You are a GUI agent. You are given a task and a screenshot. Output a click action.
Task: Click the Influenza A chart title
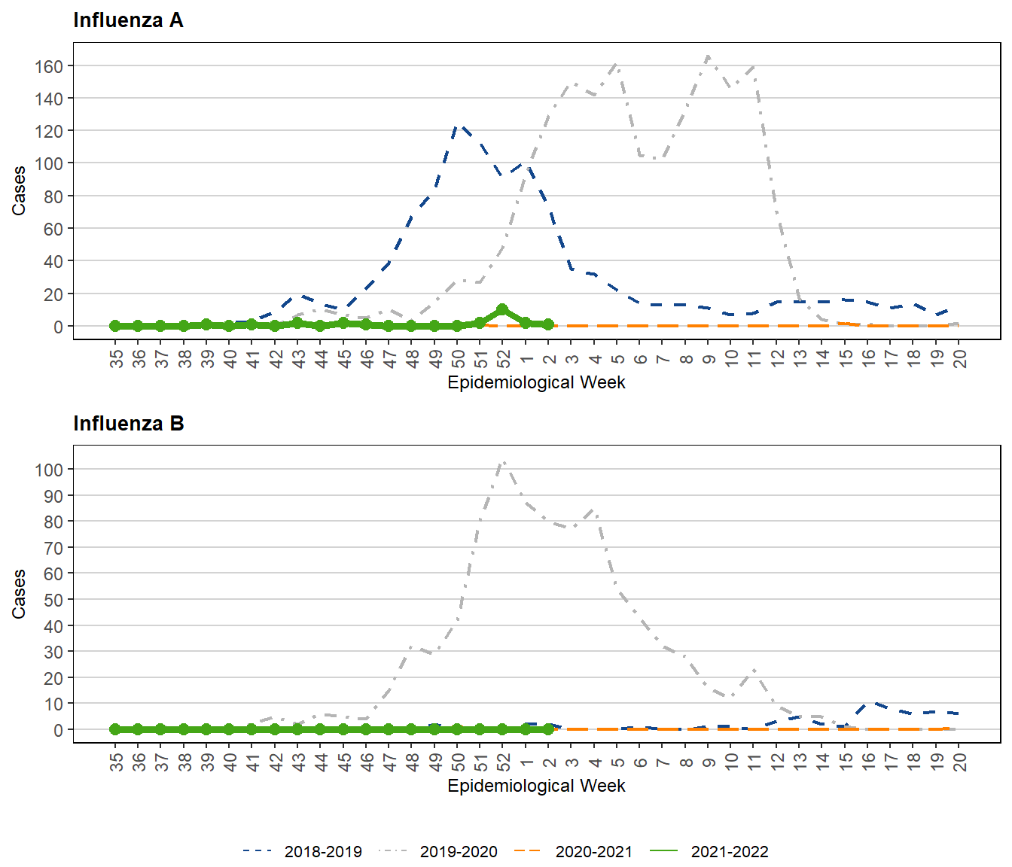(128, 20)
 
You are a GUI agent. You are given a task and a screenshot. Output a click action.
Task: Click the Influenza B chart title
(128, 424)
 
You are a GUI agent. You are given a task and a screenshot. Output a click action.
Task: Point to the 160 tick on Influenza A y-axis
(49, 66)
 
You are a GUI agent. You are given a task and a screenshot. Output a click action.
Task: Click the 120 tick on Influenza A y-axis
(49, 131)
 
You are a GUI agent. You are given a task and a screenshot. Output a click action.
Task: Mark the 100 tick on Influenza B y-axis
(49, 470)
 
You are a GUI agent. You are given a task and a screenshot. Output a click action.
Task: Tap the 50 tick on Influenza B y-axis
(53, 600)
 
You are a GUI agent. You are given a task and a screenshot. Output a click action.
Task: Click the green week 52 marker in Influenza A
(502, 310)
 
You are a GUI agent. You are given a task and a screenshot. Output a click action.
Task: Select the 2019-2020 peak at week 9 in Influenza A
(708, 56)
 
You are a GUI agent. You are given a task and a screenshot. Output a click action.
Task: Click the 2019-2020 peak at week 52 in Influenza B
(503, 461)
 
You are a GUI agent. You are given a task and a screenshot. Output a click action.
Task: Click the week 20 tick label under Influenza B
(959, 762)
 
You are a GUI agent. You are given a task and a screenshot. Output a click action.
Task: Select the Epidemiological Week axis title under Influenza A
(536, 382)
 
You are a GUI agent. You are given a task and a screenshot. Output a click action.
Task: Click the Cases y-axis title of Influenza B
(19, 594)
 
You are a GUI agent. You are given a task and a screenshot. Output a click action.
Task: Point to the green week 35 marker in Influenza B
(115, 729)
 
